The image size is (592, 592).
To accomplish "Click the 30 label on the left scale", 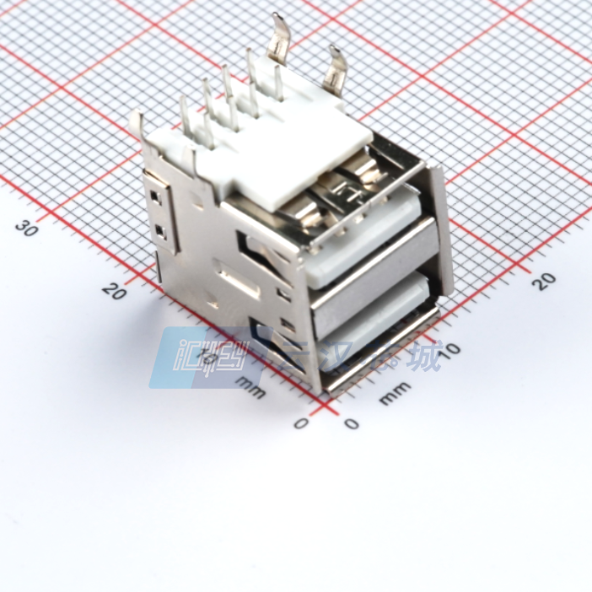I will (x=29, y=227).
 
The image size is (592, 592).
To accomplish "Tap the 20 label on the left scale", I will (x=114, y=291).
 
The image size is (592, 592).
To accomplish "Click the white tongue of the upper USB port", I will (x=371, y=245).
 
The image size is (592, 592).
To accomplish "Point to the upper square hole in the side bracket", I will (x=157, y=195).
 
